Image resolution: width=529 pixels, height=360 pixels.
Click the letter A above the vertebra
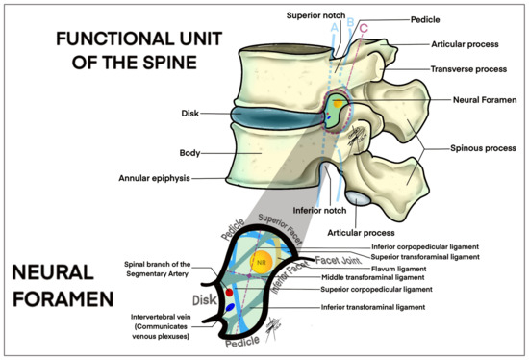click(x=335, y=28)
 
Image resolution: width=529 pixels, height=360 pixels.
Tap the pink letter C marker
click(x=363, y=29)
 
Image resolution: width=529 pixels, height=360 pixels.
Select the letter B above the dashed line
click(x=349, y=21)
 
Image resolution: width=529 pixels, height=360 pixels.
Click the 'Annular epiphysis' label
click(x=164, y=178)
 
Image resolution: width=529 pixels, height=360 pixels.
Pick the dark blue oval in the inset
click(x=232, y=308)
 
